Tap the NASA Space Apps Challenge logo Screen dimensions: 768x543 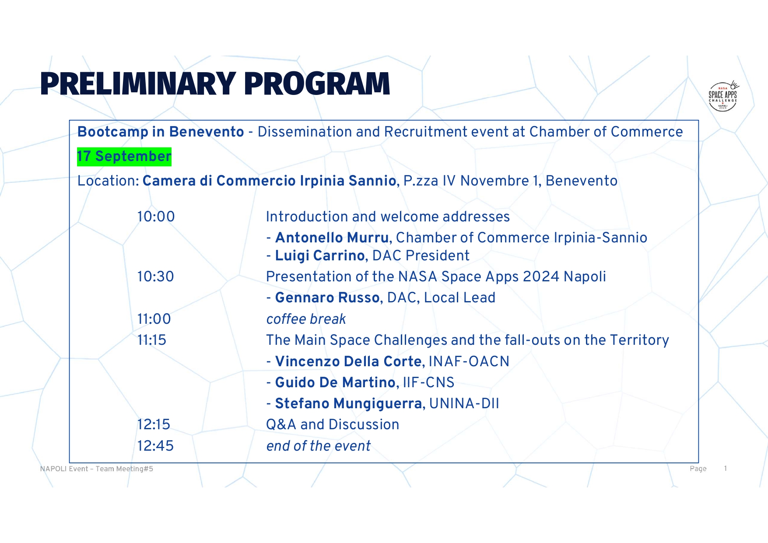(723, 96)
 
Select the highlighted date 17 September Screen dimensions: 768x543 (124, 157)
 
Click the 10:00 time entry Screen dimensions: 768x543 (156, 217)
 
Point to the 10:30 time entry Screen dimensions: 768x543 (155, 277)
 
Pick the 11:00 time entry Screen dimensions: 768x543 (154, 319)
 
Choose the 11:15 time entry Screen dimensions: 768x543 (152, 340)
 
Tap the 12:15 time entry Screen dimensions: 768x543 (154, 424)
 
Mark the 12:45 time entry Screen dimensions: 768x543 (155, 446)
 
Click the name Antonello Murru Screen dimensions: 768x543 (332, 238)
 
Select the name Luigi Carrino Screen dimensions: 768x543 (320, 256)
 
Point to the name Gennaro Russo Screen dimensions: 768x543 (327, 298)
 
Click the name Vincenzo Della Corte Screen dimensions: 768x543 (348, 361)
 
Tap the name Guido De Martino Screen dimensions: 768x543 (335, 382)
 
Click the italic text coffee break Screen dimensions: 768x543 (306, 319)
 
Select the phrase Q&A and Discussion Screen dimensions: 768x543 (333, 424)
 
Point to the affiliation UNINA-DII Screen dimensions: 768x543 (464, 403)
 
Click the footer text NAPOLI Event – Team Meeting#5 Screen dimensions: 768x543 (97, 469)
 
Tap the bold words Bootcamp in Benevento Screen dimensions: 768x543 (161, 132)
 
